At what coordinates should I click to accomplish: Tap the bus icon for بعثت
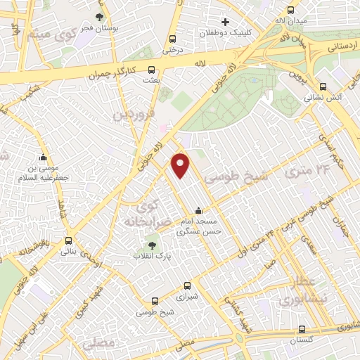pyautogui.click(x=152, y=70)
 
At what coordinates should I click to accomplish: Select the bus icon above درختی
pyautogui.click(x=172, y=39)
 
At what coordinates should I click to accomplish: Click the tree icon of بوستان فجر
pyautogui.click(x=99, y=17)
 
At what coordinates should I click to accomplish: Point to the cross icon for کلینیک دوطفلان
pyautogui.click(x=225, y=22)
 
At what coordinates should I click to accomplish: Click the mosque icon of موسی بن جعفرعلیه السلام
pyautogui.click(x=44, y=157)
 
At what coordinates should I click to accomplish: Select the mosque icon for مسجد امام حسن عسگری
pyautogui.click(x=198, y=210)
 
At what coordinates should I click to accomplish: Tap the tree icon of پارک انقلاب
pyautogui.click(x=152, y=245)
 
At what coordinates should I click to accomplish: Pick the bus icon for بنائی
pyautogui.click(x=68, y=239)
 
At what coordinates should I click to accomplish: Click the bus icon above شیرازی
pyautogui.click(x=186, y=285)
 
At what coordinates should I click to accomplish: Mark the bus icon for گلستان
pyautogui.click(x=302, y=328)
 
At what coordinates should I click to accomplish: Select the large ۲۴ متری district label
pyautogui.click(x=308, y=171)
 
